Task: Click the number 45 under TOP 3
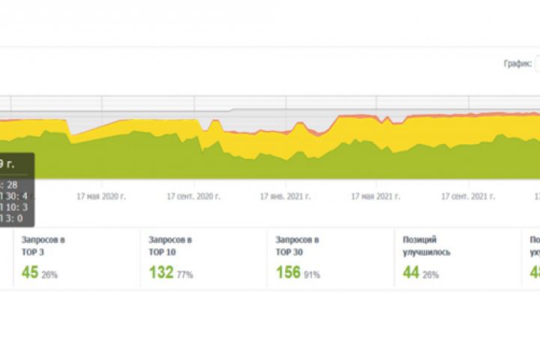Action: pos(30,273)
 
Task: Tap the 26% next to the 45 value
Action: pos(50,275)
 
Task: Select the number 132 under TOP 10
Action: pos(162,273)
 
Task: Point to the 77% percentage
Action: pos(185,275)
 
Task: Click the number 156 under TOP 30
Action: pos(289,273)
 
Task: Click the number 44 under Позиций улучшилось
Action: pos(410,273)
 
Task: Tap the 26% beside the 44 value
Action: pos(431,275)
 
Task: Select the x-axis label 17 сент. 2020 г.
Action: pos(193,196)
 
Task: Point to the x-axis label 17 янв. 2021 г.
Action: pos(286,196)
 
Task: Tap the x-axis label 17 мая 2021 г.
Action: pos(377,196)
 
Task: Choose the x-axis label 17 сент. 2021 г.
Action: pos(468,196)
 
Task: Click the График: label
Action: pos(517,64)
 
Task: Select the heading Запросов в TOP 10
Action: pos(170,246)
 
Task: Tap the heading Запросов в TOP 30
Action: pos(298,246)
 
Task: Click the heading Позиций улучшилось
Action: pos(426,246)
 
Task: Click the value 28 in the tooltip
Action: pos(13,184)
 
